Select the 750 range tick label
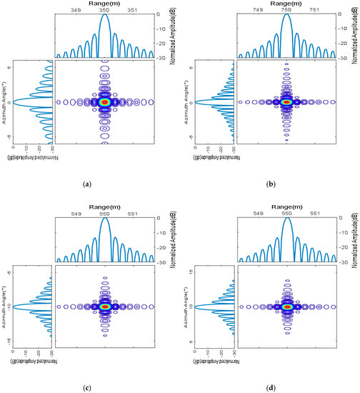(x=286, y=11)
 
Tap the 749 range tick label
(x=257, y=11)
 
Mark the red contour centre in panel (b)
(x=286, y=102)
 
